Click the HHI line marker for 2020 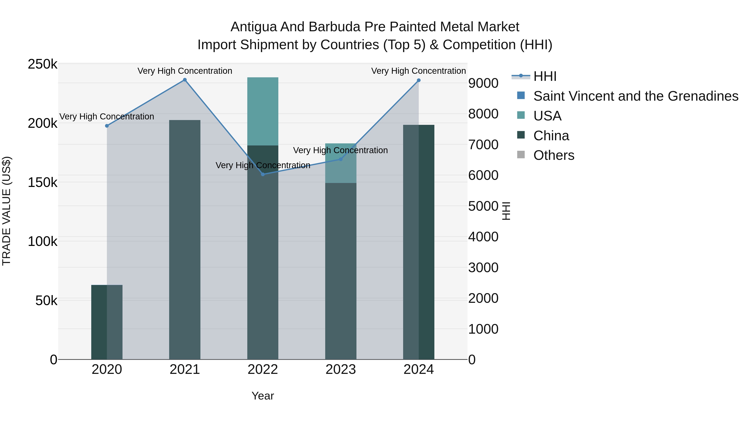tap(107, 126)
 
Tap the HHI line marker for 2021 tap(185, 80)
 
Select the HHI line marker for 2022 tap(263, 174)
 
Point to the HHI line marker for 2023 tap(341, 159)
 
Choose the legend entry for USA tap(547, 116)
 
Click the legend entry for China tap(551, 136)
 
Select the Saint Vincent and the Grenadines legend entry tap(636, 96)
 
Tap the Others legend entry tap(554, 155)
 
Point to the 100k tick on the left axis tap(42, 242)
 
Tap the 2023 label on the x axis tap(341, 369)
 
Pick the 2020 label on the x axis tap(107, 369)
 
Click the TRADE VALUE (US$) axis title tap(6, 211)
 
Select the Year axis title tap(263, 396)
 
